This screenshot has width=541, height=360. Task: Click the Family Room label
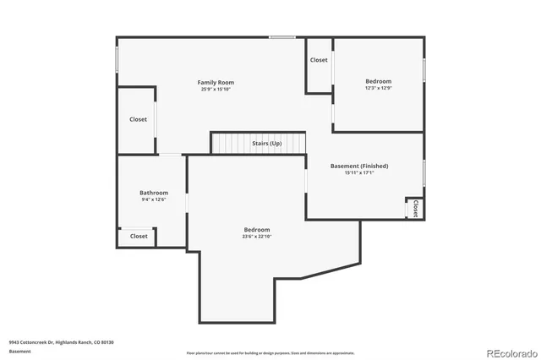tap(216, 82)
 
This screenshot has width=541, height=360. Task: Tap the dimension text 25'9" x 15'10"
tap(216, 89)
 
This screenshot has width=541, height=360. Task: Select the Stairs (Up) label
tap(267, 144)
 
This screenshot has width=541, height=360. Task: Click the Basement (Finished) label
tap(358, 166)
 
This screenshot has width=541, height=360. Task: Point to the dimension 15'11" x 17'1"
tap(358, 173)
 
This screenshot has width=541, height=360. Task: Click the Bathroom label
tap(153, 193)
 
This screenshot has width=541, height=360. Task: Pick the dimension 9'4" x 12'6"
tap(153, 199)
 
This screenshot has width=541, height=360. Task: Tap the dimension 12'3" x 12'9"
tap(378, 88)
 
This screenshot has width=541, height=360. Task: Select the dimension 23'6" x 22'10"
tap(257, 237)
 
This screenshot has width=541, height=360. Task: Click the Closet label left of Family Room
tap(138, 119)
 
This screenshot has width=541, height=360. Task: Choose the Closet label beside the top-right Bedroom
tap(319, 60)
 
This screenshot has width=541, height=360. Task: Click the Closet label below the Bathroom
tap(139, 236)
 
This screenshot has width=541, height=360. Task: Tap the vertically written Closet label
tap(415, 208)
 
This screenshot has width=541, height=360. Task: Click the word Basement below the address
tap(19, 351)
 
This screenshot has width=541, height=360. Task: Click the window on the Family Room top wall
tap(281, 36)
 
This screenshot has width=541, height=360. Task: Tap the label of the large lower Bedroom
tap(257, 230)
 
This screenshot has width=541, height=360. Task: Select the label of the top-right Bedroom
tap(378, 81)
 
